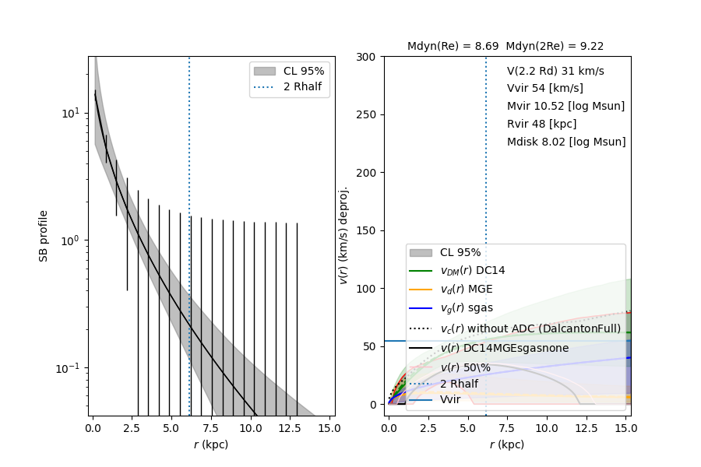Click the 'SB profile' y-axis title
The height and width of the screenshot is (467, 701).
coord(44,236)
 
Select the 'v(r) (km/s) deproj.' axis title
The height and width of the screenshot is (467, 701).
coord(343,235)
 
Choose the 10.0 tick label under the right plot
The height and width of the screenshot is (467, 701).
coord(547,428)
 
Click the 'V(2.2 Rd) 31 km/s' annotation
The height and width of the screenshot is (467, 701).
coord(555,71)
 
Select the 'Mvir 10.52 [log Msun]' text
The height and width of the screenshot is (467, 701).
coord(565,106)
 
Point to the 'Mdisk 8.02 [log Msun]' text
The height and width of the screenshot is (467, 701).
coord(566,142)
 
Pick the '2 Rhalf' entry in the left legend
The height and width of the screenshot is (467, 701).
coord(304,86)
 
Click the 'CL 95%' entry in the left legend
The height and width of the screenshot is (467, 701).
coord(304,71)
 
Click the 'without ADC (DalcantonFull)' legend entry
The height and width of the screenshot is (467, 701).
coord(530,328)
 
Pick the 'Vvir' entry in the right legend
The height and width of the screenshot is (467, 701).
coord(450,399)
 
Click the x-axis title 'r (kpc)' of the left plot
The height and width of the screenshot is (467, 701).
coord(212,444)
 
